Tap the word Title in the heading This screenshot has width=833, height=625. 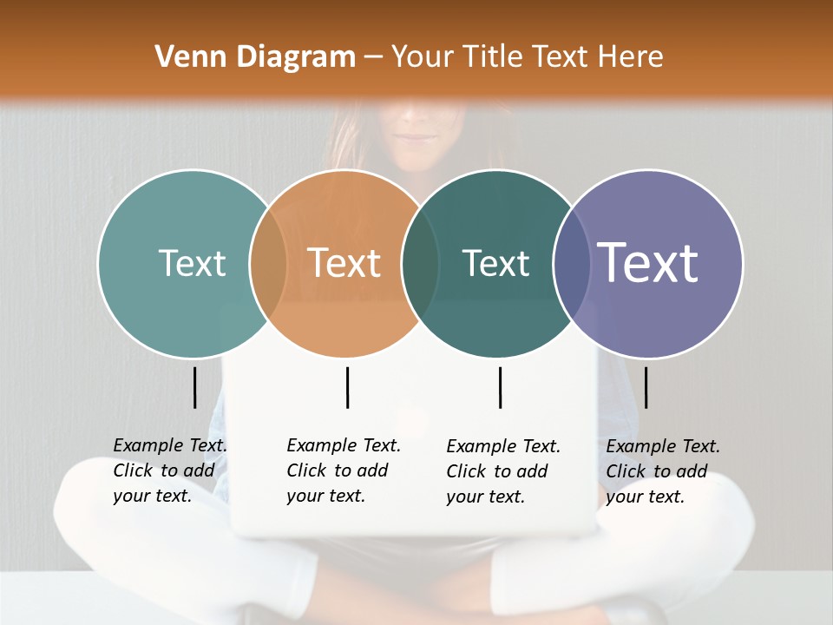(493, 57)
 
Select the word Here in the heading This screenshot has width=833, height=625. (630, 57)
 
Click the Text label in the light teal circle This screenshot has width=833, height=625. (193, 263)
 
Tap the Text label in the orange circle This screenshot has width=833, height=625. (344, 263)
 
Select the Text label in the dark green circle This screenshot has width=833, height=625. (496, 263)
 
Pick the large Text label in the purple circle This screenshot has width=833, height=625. (648, 263)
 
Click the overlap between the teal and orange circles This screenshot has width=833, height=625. (267, 264)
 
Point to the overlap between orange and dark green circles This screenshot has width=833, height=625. (420, 264)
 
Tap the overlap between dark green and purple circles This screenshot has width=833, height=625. (571, 264)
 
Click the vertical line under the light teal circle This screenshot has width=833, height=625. (194, 387)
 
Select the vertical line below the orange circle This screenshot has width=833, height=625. (347, 387)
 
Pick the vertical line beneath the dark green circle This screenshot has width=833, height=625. (500, 387)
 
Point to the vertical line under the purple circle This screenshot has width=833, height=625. (646, 387)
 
